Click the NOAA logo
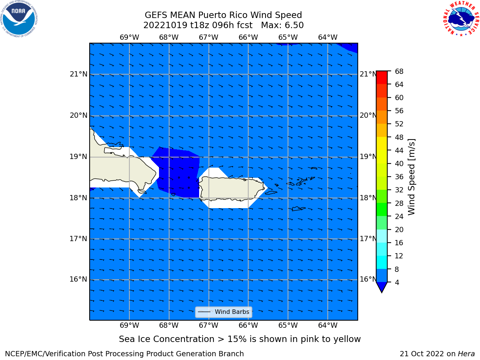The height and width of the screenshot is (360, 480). pyautogui.click(x=19, y=19)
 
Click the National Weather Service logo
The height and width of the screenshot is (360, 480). pyautogui.click(x=461, y=19)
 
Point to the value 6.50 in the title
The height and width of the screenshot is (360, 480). pyautogui.click(x=293, y=25)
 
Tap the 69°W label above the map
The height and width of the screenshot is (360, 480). pyautogui.click(x=129, y=37)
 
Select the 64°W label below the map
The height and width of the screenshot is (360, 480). pyautogui.click(x=328, y=325)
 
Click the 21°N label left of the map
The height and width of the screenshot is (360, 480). pyautogui.click(x=78, y=74)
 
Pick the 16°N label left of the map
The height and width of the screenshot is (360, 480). pyautogui.click(x=78, y=279)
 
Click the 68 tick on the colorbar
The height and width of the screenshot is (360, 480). pyautogui.click(x=399, y=72)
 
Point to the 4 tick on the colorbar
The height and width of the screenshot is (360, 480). pyautogui.click(x=397, y=282)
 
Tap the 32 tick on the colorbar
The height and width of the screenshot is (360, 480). pyautogui.click(x=399, y=190)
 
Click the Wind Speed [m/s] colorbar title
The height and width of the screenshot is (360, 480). pyautogui.click(x=411, y=177)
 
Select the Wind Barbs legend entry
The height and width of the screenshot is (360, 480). pyautogui.click(x=223, y=312)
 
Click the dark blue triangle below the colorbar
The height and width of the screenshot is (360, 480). pyautogui.click(x=382, y=286)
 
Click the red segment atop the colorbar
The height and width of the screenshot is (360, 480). pyautogui.click(x=382, y=78)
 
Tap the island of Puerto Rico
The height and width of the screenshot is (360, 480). pyautogui.click(x=232, y=189)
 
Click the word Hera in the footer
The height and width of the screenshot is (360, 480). pyautogui.click(x=466, y=354)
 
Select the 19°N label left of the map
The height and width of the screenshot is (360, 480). pyautogui.click(x=78, y=157)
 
